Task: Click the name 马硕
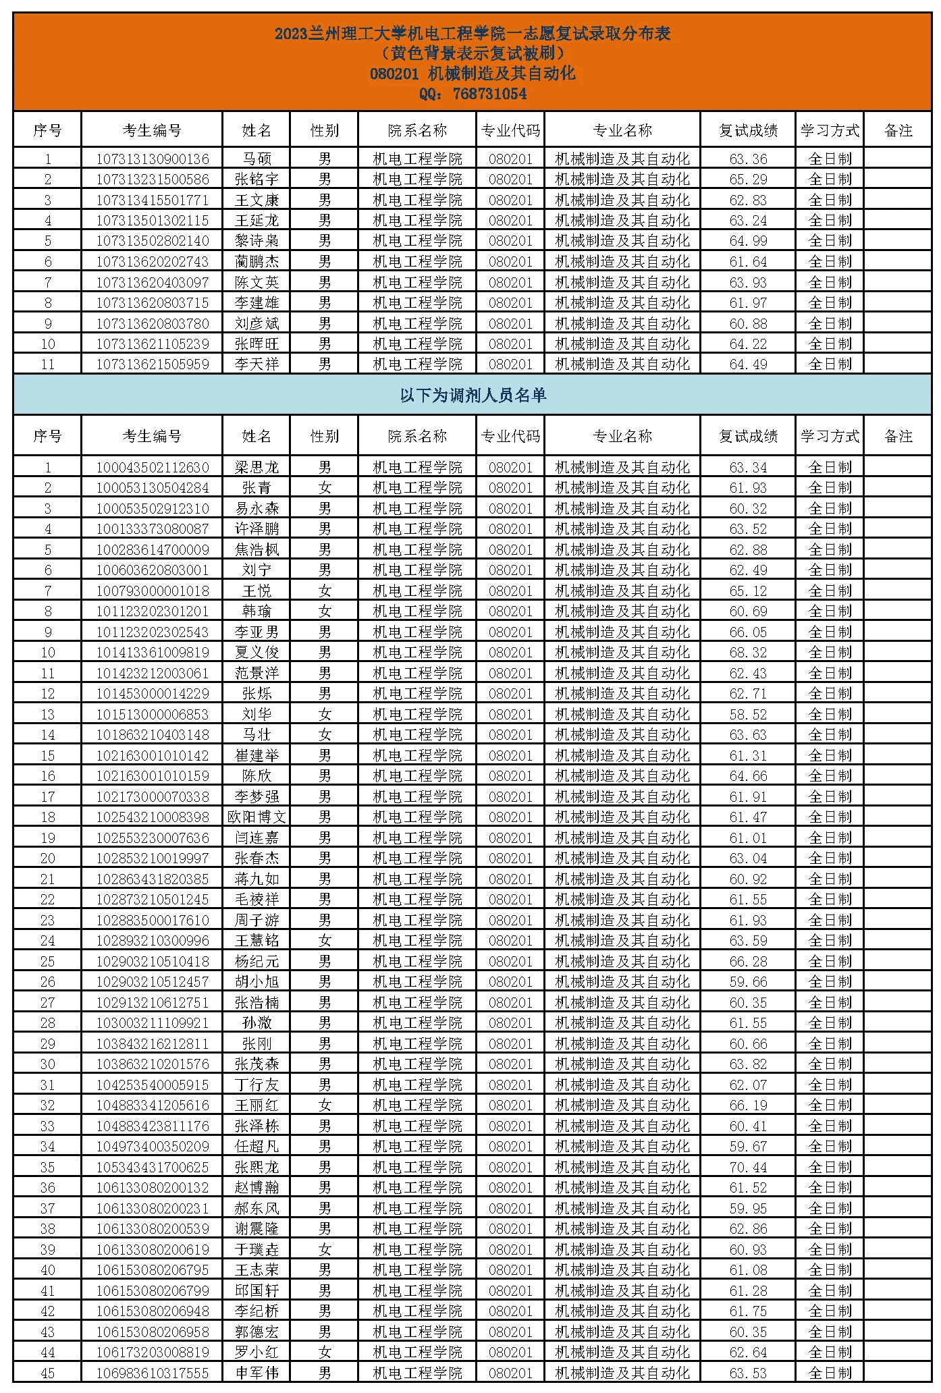(257, 159)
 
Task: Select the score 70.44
(748, 1167)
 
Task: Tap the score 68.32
(748, 653)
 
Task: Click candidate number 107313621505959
(153, 364)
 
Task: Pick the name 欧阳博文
(257, 817)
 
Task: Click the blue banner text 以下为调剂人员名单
(473, 395)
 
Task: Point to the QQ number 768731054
(490, 94)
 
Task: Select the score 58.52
(748, 714)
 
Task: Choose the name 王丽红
(257, 1105)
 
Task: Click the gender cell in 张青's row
(325, 488)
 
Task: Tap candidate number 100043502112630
(153, 468)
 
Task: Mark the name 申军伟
(257, 1373)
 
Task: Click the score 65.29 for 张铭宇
(748, 180)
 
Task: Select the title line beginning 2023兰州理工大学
(473, 33)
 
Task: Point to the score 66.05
(748, 632)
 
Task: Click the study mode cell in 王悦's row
(830, 591)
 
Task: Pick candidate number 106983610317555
(153, 1373)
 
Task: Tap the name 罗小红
(257, 1352)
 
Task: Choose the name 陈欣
(257, 776)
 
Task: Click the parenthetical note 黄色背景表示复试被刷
(473, 53)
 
